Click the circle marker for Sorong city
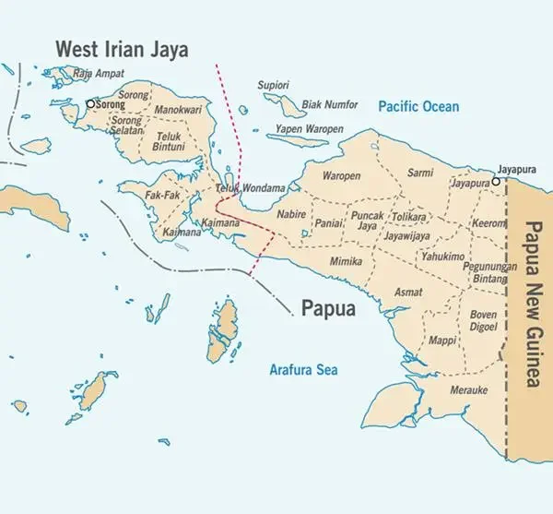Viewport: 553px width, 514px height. pyautogui.click(x=90, y=104)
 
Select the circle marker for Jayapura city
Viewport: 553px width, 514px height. pyautogui.click(x=496, y=182)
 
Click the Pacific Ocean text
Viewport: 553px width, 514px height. pyautogui.click(x=418, y=107)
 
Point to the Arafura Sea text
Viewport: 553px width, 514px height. pyautogui.click(x=303, y=370)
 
